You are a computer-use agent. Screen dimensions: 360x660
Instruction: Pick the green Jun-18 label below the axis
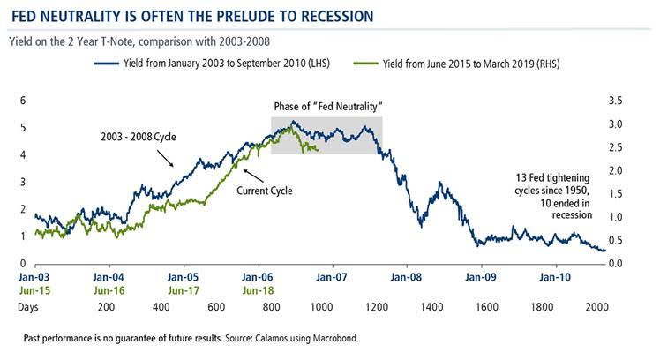point(258,289)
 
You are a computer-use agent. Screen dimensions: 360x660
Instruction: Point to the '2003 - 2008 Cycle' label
point(131,138)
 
